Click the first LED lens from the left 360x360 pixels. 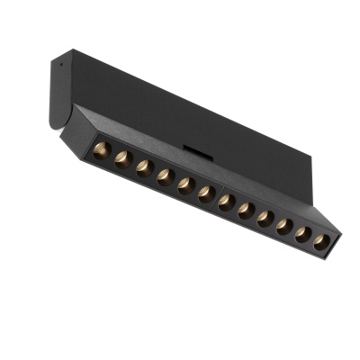[x=100, y=149]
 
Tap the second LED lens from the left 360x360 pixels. [x=121, y=159]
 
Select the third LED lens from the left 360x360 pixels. [x=143, y=168]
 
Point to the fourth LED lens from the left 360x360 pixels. [x=164, y=177]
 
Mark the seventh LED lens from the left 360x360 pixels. [x=226, y=202]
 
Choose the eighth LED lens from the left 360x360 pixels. [x=246, y=210]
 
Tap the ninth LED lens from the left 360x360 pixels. [x=265, y=219]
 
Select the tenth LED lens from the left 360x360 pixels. [x=283, y=227]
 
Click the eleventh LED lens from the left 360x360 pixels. [x=302, y=235]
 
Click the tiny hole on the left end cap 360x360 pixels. [x=54, y=66]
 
